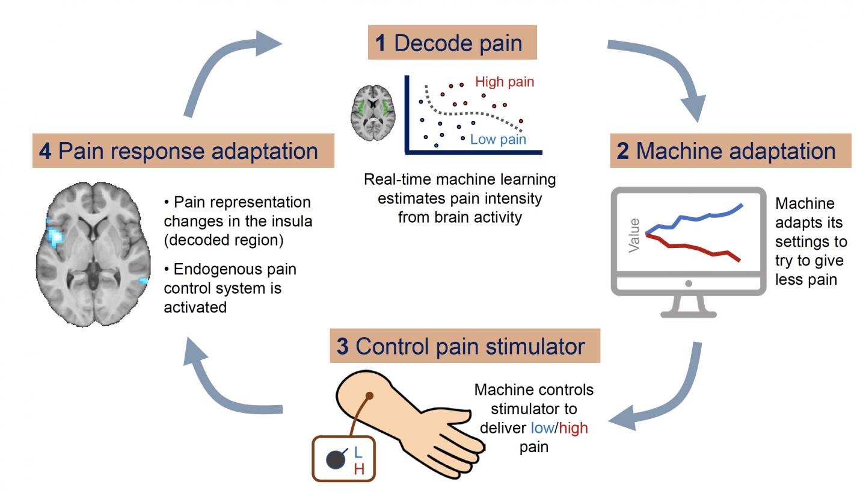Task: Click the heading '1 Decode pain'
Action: pyautogui.click(x=452, y=43)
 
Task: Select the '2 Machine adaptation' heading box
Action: pyautogui.click(x=730, y=150)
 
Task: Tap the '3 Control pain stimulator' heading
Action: pyautogui.click(x=464, y=346)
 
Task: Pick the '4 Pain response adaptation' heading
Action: pyautogui.click(x=183, y=150)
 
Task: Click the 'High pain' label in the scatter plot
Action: pyautogui.click(x=505, y=82)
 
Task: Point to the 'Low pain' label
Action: pyautogui.click(x=497, y=140)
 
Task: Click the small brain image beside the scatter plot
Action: pyautogui.click(x=373, y=113)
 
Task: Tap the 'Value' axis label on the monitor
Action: pyautogui.click(x=634, y=235)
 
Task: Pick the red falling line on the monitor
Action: pyautogui.click(x=698, y=247)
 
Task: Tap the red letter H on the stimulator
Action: pyautogui.click(x=359, y=470)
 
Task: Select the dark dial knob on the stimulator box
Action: pyautogui.click(x=336, y=460)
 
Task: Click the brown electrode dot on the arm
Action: pyautogui.click(x=370, y=395)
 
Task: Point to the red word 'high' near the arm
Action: pyautogui.click(x=574, y=428)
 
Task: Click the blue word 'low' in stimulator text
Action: pyautogui.click(x=542, y=428)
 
